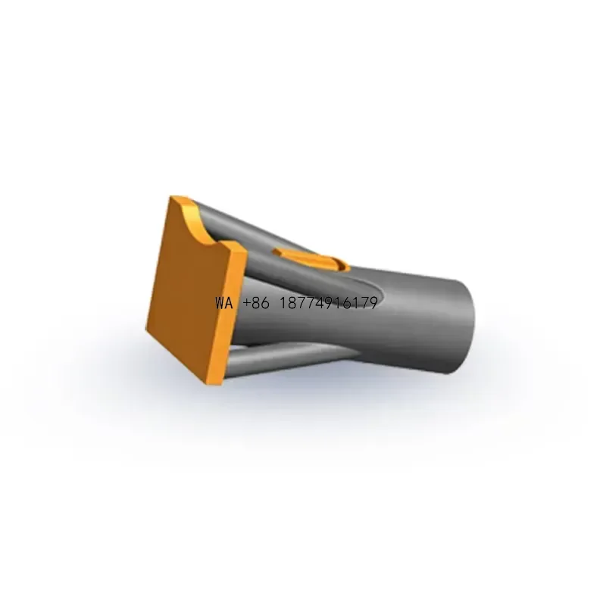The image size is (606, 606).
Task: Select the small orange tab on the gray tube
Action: pyautogui.click(x=311, y=258)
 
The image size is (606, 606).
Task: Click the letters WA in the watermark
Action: pyautogui.click(x=224, y=304)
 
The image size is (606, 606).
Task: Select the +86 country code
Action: pyautogui.click(x=256, y=304)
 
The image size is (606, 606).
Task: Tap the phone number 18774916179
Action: pyautogui.click(x=328, y=304)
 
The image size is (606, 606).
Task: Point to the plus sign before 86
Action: pyautogui.click(x=247, y=304)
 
